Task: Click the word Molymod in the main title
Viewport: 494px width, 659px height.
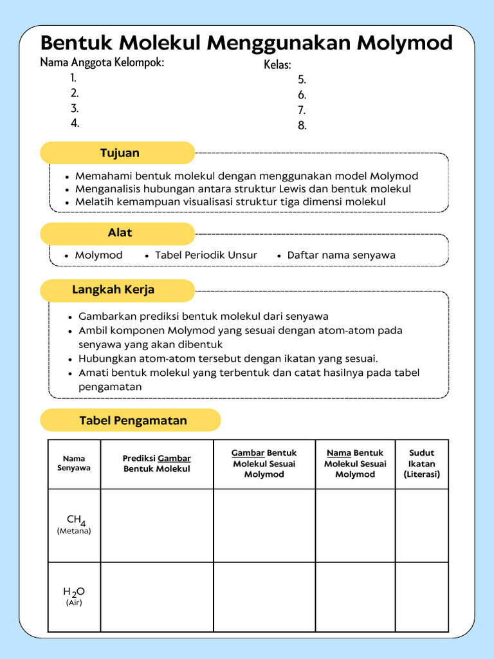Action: coord(405,43)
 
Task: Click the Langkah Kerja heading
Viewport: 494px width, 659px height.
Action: coord(113,290)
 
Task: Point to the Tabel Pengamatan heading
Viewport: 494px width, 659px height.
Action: coord(133,420)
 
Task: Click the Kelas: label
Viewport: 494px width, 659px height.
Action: coord(277,65)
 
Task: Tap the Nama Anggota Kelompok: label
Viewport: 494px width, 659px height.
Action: coord(102,62)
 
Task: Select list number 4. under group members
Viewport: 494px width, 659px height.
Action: coord(75,123)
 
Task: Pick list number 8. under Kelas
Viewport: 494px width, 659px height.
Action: coord(302,125)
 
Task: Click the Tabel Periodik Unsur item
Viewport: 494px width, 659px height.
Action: coord(206,255)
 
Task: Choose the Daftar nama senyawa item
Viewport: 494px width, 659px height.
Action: coord(341,255)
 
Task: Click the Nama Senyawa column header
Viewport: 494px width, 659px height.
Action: coord(74,463)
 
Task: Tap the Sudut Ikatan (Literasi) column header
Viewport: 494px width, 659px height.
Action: coord(421,463)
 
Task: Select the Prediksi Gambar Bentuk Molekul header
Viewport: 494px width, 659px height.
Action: coord(157,463)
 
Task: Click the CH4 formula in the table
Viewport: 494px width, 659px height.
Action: coord(76,520)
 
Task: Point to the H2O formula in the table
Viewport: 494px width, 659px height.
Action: coord(74,591)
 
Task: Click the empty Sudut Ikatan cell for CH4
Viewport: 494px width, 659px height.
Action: coord(421,525)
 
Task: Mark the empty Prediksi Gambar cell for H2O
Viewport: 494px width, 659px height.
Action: coord(157,597)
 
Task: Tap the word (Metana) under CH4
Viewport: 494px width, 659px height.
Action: coord(74,532)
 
